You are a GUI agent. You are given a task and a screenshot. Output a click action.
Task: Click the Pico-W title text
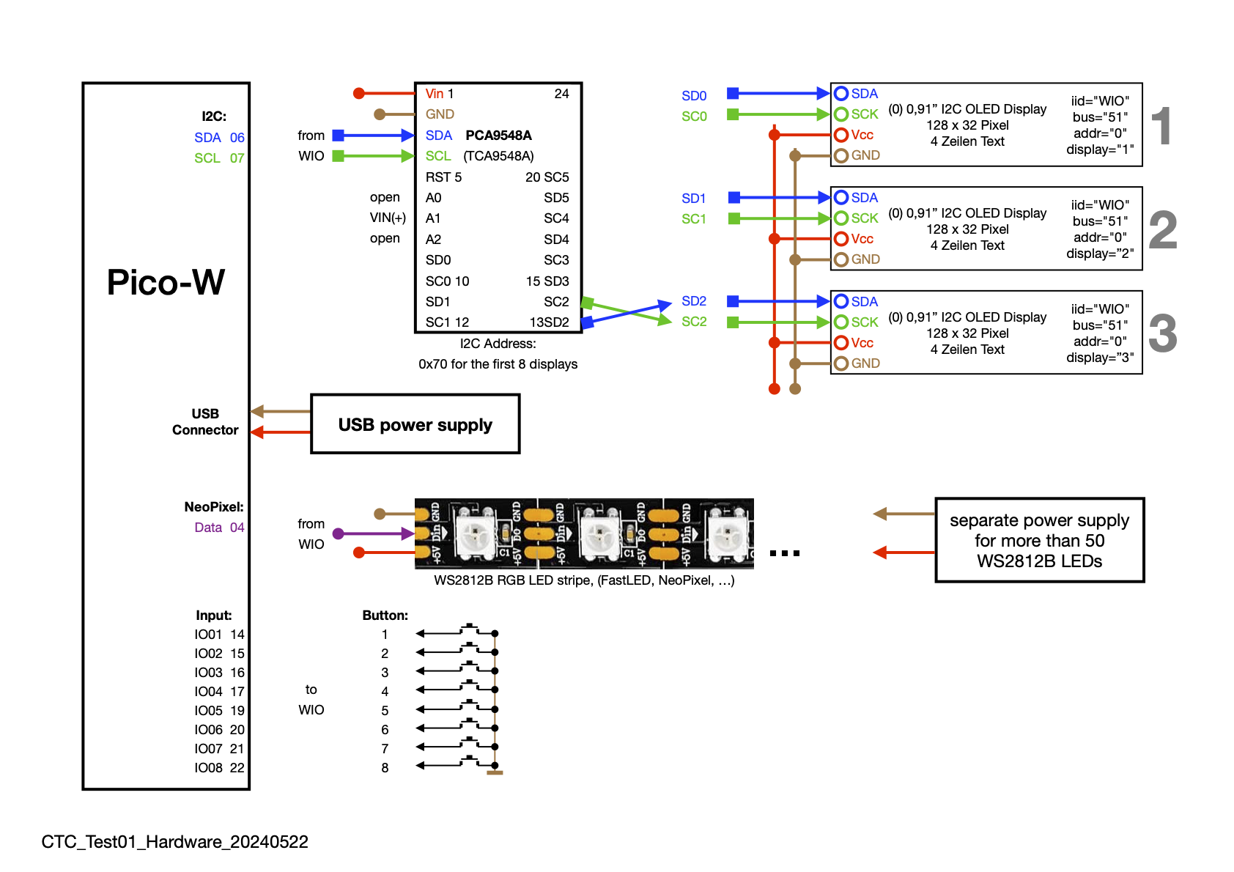[166, 283]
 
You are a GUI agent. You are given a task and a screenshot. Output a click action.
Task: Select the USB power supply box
[415, 424]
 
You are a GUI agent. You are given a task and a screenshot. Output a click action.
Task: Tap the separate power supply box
[1039, 541]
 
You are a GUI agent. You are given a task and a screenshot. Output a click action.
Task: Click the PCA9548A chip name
[498, 136]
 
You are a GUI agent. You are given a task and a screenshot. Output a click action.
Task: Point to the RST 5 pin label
[443, 177]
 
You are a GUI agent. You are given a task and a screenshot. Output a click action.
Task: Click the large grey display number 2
[1163, 230]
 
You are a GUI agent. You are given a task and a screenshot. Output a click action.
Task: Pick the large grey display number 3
[1163, 334]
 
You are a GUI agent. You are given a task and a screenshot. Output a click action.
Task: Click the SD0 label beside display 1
[693, 96]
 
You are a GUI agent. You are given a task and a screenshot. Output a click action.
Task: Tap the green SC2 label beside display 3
[693, 322]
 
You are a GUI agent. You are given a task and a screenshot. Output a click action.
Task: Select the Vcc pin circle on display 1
[841, 135]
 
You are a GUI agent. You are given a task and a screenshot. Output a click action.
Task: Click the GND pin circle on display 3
[841, 363]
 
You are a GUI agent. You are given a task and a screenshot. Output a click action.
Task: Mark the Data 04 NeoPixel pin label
[219, 528]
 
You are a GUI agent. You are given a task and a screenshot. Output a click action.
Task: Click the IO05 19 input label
[219, 711]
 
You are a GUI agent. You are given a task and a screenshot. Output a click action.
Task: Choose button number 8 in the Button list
[385, 768]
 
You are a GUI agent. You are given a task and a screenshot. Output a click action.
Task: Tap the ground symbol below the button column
[495, 772]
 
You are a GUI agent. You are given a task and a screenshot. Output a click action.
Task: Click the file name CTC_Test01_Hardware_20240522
[174, 842]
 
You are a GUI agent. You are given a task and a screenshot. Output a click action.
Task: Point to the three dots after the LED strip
[785, 553]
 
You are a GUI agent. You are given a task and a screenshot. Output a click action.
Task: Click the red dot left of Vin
[359, 93]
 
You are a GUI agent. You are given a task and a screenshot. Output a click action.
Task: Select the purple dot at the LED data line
[339, 534]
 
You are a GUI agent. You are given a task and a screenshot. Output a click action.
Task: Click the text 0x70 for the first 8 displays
[498, 364]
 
